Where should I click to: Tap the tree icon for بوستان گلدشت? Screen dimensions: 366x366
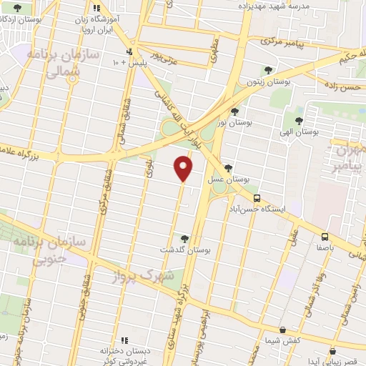click(x=185, y=238)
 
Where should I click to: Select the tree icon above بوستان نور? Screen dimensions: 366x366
click(x=235, y=111)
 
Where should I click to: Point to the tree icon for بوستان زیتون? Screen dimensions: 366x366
click(x=268, y=70)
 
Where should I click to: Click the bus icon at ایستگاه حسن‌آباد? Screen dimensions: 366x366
click(x=257, y=199)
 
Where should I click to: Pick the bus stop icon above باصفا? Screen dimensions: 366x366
click(x=325, y=236)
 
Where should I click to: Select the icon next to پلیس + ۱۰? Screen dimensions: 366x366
click(x=129, y=51)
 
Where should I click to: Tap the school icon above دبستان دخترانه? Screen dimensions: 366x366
click(x=123, y=340)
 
